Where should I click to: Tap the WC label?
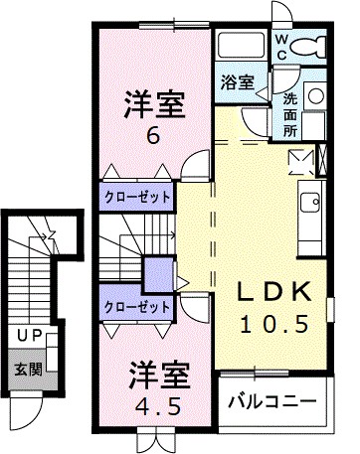tap(282, 46)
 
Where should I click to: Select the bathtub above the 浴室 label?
tap(241, 48)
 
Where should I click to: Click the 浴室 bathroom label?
tap(238, 83)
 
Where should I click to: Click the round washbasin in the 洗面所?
tap(315, 96)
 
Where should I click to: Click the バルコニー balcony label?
tap(270, 401)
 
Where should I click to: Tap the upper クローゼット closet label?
tap(137, 197)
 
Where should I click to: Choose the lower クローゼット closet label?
tap(137, 307)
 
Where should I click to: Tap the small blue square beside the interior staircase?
tap(156, 271)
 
